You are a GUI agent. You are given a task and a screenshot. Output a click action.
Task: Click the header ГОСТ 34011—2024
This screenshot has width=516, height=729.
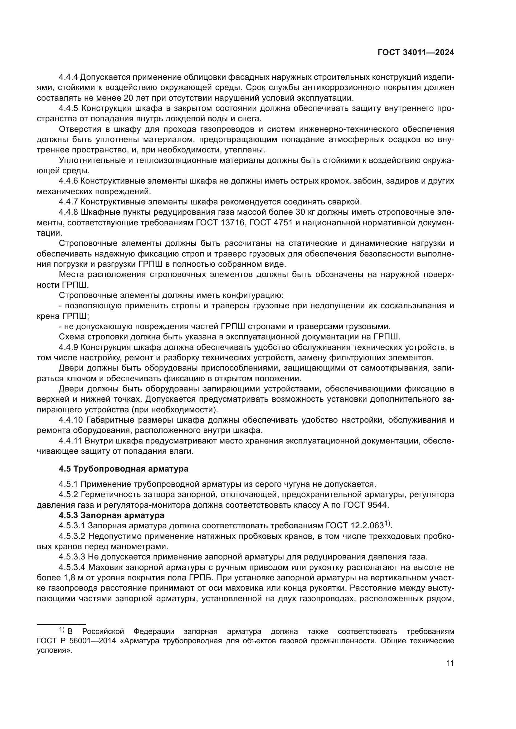coord(416,53)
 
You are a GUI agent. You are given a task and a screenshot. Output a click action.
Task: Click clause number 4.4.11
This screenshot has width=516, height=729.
coord(70,441)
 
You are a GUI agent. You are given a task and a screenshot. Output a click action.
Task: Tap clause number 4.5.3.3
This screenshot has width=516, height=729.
coord(72,557)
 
